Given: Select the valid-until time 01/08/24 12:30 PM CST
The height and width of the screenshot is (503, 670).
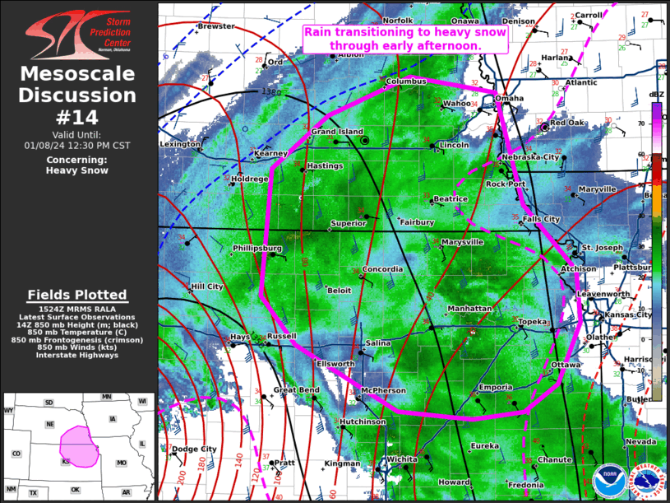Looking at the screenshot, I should (x=77, y=145).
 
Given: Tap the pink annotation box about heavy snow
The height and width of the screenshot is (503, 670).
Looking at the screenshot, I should (x=404, y=39).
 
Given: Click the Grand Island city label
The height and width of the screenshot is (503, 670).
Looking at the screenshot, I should (x=336, y=132).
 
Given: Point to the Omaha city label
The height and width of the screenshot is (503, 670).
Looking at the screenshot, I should (x=509, y=99).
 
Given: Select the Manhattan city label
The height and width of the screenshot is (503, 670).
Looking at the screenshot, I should (x=469, y=309).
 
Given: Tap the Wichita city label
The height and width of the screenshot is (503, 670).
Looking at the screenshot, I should (x=402, y=459).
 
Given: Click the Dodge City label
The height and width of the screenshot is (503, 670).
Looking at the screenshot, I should (x=195, y=449).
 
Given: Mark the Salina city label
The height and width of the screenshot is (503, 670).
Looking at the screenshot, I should (x=378, y=342).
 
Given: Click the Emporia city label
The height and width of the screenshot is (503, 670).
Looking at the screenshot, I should (x=496, y=387).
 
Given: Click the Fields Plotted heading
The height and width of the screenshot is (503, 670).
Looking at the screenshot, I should (x=77, y=295).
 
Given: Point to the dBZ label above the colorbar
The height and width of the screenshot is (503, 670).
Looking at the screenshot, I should (x=656, y=95).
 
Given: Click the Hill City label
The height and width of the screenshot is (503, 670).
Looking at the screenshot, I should (x=206, y=286).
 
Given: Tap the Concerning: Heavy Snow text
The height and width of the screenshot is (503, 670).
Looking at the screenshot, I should (x=77, y=165).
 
